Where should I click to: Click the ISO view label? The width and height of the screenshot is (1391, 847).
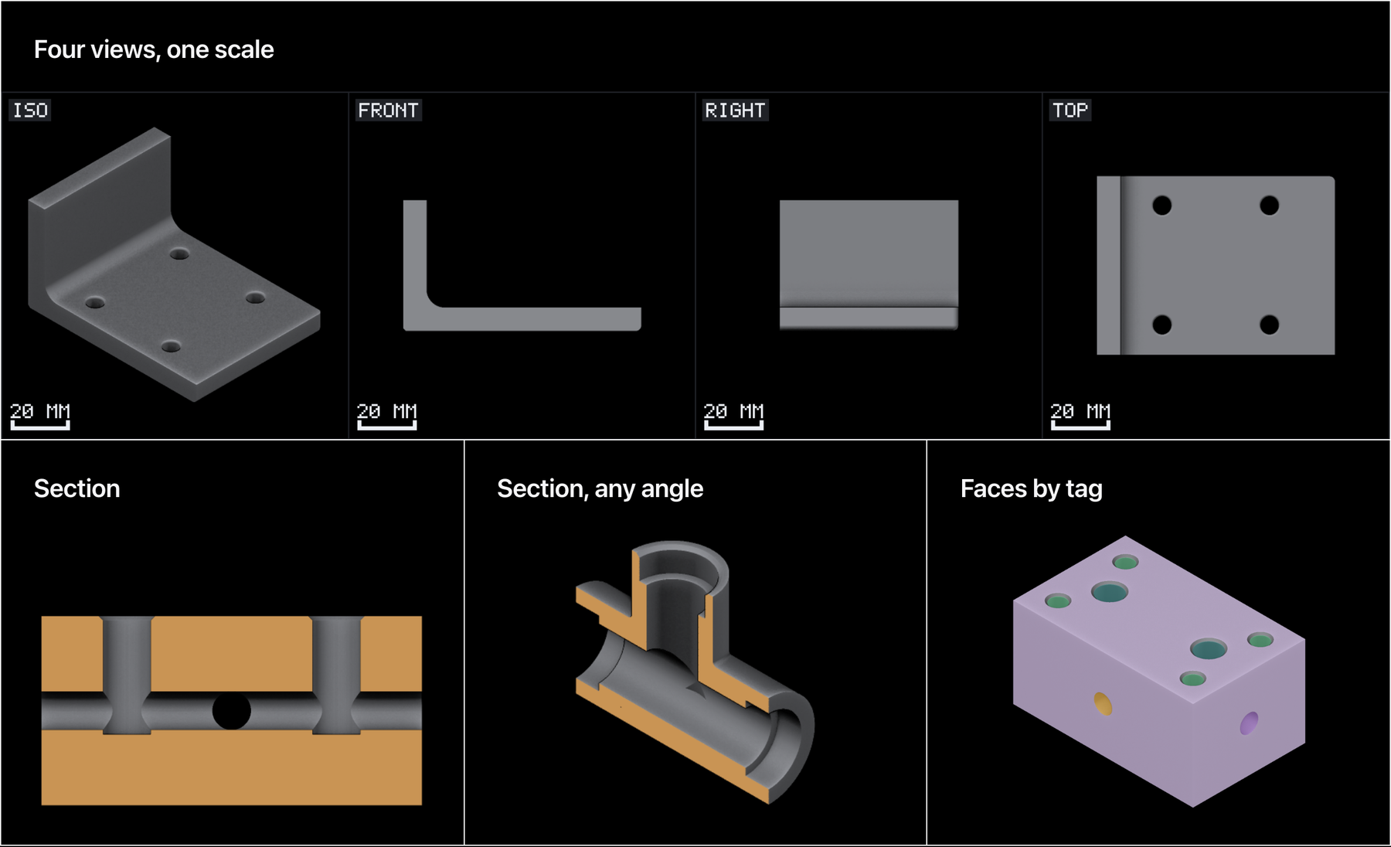[x=30, y=110]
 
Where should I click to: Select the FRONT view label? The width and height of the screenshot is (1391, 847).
[x=388, y=110]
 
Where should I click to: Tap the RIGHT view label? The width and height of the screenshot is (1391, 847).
[x=735, y=110]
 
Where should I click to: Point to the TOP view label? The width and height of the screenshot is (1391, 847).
[x=1070, y=110]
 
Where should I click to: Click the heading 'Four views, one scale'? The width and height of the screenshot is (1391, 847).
[x=154, y=49]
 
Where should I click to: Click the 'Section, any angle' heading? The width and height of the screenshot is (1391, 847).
[x=600, y=488]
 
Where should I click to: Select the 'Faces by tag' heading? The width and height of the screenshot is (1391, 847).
[x=1031, y=488]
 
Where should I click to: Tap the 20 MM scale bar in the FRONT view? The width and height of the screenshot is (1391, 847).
[x=386, y=424]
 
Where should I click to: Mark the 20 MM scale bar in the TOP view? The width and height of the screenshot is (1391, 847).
[x=1080, y=424]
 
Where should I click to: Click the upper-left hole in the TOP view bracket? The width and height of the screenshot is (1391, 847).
[x=1161, y=206]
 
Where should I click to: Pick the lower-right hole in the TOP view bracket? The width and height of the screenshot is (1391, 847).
[x=1269, y=325]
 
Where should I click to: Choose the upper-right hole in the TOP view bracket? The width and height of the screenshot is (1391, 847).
[x=1269, y=206]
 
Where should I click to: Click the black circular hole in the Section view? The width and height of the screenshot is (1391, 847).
[x=232, y=710]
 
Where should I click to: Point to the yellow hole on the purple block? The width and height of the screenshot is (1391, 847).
[x=1104, y=704]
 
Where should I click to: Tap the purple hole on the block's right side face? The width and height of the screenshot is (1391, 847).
[x=1249, y=723]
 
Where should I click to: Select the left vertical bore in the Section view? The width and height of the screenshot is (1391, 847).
[x=127, y=675]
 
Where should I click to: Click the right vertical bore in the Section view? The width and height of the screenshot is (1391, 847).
[x=336, y=675]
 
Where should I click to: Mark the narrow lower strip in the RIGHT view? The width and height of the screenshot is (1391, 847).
[x=869, y=318]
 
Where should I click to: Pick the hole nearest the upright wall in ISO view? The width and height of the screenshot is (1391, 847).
[x=179, y=253]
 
